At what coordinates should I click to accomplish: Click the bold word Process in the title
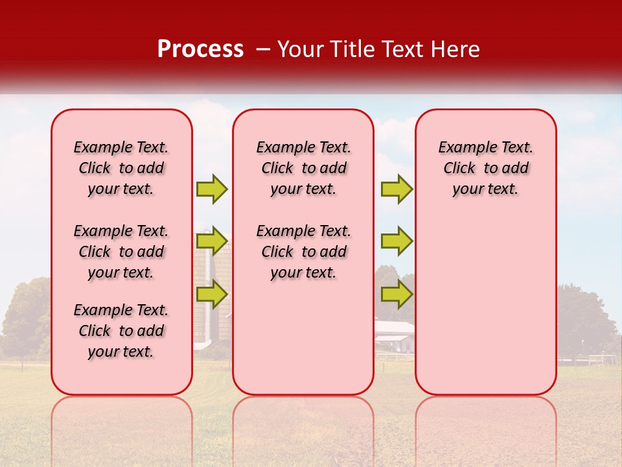tap(200, 49)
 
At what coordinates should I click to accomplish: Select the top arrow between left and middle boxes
tap(212, 189)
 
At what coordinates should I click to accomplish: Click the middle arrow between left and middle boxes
tap(212, 241)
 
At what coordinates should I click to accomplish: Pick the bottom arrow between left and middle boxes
tap(212, 294)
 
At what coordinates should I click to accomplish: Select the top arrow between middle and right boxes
tap(397, 189)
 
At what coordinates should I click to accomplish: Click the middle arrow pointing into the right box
tap(397, 241)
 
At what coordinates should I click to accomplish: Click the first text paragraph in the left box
tap(121, 168)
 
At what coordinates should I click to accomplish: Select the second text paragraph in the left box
tap(121, 252)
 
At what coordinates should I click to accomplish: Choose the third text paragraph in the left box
tap(121, 331)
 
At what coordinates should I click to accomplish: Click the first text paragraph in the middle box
tap(303, 168)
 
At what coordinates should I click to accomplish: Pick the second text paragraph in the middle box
tap(303, 252)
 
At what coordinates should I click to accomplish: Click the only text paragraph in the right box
tap(485, 168)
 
